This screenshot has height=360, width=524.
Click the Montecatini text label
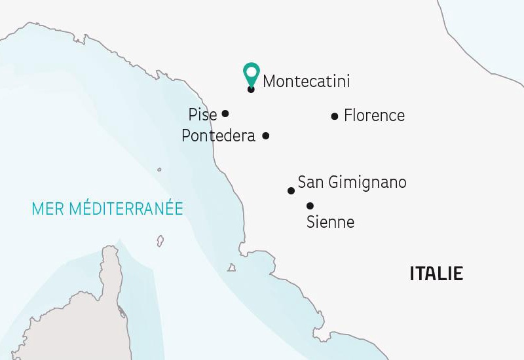coord(306,82)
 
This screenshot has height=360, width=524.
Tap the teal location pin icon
coord(250,72)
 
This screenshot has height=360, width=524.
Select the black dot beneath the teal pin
coord(251,89)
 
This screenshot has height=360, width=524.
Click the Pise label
coord(202,115)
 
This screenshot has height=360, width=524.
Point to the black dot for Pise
coord(225,113)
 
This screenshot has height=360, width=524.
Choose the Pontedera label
coord(218,136)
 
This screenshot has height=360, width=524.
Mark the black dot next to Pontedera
coord(265,136)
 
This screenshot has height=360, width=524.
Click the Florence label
coord(374,116)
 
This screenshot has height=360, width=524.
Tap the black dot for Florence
coord(335,117)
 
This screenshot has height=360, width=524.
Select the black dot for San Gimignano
coord(291,191)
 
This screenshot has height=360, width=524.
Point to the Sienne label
coord(330,223)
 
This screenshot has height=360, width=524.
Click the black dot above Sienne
coord(310,205)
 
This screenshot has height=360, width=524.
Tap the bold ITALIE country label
coord(436,274)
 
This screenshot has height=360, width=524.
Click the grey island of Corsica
coord(98,308)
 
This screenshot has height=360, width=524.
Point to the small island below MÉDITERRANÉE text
coord(159,242)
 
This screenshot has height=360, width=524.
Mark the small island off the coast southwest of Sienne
coord(231,267)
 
